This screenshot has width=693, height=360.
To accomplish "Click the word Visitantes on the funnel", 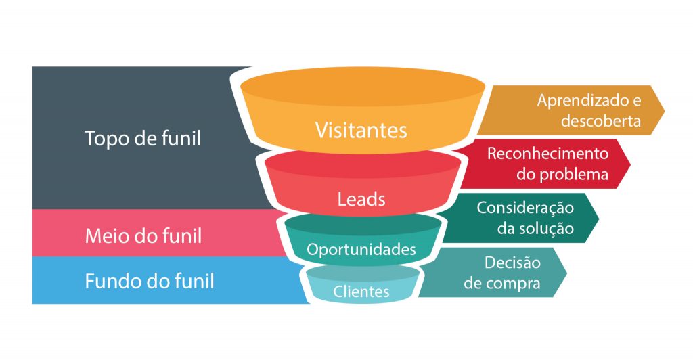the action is [x=361, y=131].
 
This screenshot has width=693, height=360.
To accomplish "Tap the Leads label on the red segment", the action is [x=361, y=199].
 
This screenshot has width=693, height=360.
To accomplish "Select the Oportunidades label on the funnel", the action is [x=361, y=250].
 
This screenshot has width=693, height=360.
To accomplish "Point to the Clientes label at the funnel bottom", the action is [x=361, y=292].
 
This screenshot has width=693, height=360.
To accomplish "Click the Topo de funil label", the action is [x=142, y=138].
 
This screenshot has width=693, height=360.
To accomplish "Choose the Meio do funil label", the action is [x=143, y=236].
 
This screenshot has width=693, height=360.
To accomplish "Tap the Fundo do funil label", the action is [x=150, y=281].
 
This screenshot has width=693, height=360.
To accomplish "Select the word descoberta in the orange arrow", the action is [x=601, y=121].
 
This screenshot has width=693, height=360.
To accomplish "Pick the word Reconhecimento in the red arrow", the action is [x=548, y=154].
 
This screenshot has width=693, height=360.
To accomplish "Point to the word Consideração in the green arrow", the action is [x=525, y=208].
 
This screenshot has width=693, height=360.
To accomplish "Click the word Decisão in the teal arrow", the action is [x=513, y=263].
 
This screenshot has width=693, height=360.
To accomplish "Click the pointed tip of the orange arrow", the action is [x=665, y=110].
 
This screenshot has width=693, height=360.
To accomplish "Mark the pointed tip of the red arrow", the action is [x=631, y=164].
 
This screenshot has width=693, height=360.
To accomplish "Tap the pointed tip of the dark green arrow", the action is [x=599, y=218].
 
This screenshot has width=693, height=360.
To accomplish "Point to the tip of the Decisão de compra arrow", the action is [x=566, y=272].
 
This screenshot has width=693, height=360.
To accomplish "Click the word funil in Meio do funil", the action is [x=183, y=236].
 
